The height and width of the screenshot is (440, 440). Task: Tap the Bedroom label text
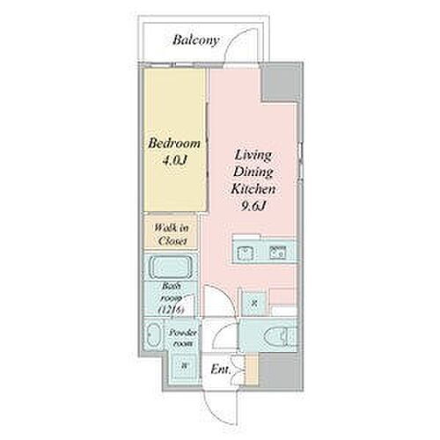173,143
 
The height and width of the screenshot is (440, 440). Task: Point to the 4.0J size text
173,160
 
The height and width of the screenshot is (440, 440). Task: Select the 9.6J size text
256,206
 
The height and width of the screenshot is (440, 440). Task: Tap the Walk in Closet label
172,233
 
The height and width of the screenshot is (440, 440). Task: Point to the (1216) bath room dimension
172,310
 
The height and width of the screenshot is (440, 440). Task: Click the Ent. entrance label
221,370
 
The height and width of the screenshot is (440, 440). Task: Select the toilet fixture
276,335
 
